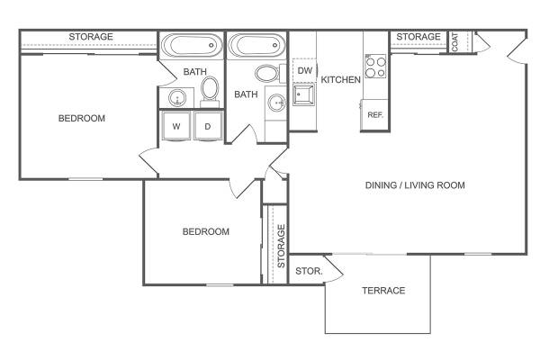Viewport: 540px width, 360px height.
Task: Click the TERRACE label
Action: [x=383, y=291]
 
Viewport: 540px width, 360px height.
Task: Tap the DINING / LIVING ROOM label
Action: [x=415, y=185]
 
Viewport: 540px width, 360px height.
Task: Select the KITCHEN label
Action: [x=340, y=79]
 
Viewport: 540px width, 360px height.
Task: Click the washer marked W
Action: [x=176, y=126]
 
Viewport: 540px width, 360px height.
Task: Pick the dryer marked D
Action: [x=208, y=126]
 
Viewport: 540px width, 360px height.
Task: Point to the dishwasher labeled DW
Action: [x=304, y=70]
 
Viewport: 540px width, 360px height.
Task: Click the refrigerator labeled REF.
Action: [x=374, y=115]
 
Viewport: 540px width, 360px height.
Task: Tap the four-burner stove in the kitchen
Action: [x=375, y=67]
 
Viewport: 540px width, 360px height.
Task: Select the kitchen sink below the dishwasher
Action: [x=304, y=94]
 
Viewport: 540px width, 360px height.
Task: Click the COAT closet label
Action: [x=454, y=42]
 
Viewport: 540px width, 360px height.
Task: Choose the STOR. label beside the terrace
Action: [x=309, y=271]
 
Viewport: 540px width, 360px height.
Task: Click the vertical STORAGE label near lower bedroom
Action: [x=282, y=246]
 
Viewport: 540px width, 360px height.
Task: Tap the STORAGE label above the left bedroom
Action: [x=91, y=37]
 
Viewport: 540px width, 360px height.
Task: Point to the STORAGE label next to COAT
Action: [x=418, y=37]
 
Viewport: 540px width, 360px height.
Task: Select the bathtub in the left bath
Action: [x=193, y=45]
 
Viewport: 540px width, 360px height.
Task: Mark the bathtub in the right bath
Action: [x=256, y=45]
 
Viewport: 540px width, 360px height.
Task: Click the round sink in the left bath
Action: [x=177, y=98]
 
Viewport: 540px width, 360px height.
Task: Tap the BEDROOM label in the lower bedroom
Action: [x=206, y=231]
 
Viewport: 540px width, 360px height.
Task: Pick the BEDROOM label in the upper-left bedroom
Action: [x=82, y=119]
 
